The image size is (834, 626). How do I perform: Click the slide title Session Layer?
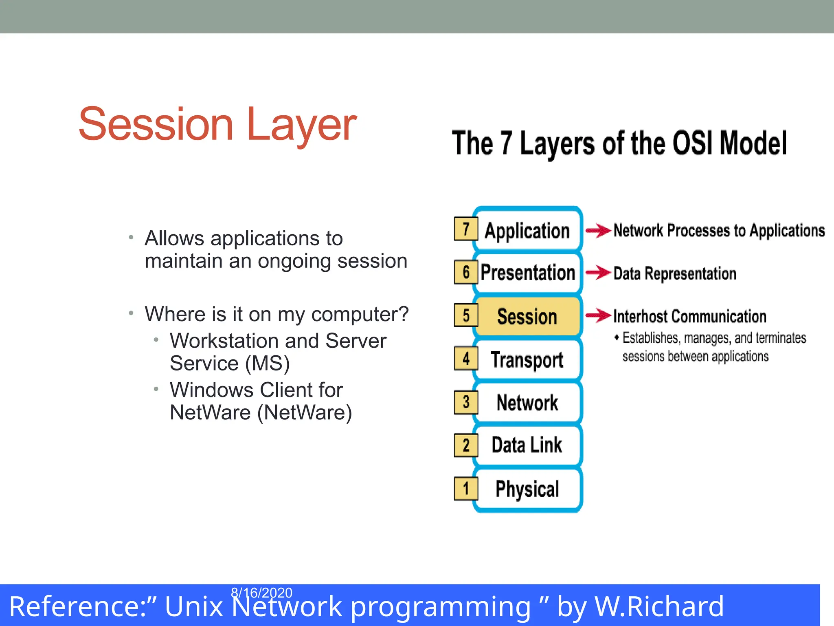click(x=217, y=124)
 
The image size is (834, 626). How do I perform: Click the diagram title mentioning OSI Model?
click(x=619, y=143)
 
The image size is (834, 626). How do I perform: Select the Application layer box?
click(x=527, y=230)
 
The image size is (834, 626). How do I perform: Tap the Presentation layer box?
click(x=528, y=273)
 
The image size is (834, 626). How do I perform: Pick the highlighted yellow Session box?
click(x=527, y=317)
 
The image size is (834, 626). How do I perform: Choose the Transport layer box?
click(x=527, y=360)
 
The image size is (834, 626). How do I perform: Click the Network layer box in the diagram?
click(x=527, y=403)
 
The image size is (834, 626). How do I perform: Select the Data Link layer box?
click(x=527, y=445)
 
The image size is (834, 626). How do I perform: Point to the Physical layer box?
click(x=527, y=489)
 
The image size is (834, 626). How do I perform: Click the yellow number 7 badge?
click(x=466, y=229)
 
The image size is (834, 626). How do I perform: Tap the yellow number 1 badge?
click(x=466, y=488)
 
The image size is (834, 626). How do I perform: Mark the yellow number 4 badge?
click(x=466, y=359)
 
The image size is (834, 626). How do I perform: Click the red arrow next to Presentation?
click(x=598, y=273)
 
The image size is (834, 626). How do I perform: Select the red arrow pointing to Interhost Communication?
click(x=598, y=315)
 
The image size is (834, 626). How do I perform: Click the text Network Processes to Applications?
click(x=719, y=231)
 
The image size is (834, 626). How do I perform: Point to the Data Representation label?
click(x=675, y=273)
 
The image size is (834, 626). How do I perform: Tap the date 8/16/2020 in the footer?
click(x=261, y=593)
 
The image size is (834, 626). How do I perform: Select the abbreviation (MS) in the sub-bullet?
click(x=268, y=363)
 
